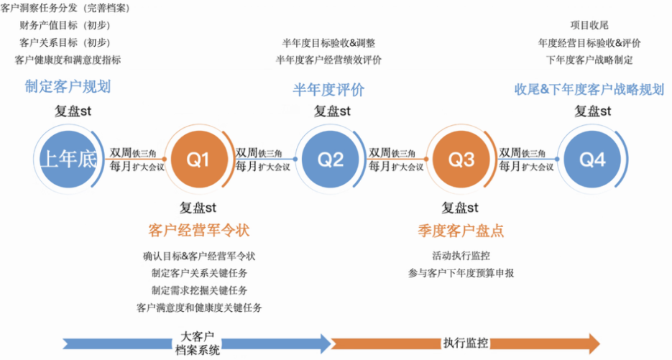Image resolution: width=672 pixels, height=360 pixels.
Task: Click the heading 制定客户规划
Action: click(x=68, y=87)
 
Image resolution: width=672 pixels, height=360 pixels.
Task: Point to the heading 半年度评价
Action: click(x=328, y=90)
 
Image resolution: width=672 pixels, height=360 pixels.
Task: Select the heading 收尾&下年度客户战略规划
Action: click(x=589, y=90)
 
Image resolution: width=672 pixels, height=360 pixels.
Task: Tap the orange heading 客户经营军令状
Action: click(x=198, y=231)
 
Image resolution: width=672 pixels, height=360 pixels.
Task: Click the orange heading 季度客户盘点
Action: click(x=461, y=231)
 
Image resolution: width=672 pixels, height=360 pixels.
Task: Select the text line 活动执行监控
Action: click(x=461, y=255)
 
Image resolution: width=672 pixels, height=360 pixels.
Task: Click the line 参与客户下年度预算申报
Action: click(x=461, y=272)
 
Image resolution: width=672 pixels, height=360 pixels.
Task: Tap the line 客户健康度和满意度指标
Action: click(x=68, y=60)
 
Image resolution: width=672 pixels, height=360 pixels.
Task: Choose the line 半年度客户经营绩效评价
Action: click(x=328, y=60)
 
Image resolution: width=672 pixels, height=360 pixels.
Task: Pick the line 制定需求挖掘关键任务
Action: click(x=199, y=290)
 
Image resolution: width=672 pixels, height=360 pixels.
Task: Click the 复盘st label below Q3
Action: click(x=461, y=208)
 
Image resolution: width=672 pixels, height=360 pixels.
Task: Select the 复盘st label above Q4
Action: click(x=592, y=111)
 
